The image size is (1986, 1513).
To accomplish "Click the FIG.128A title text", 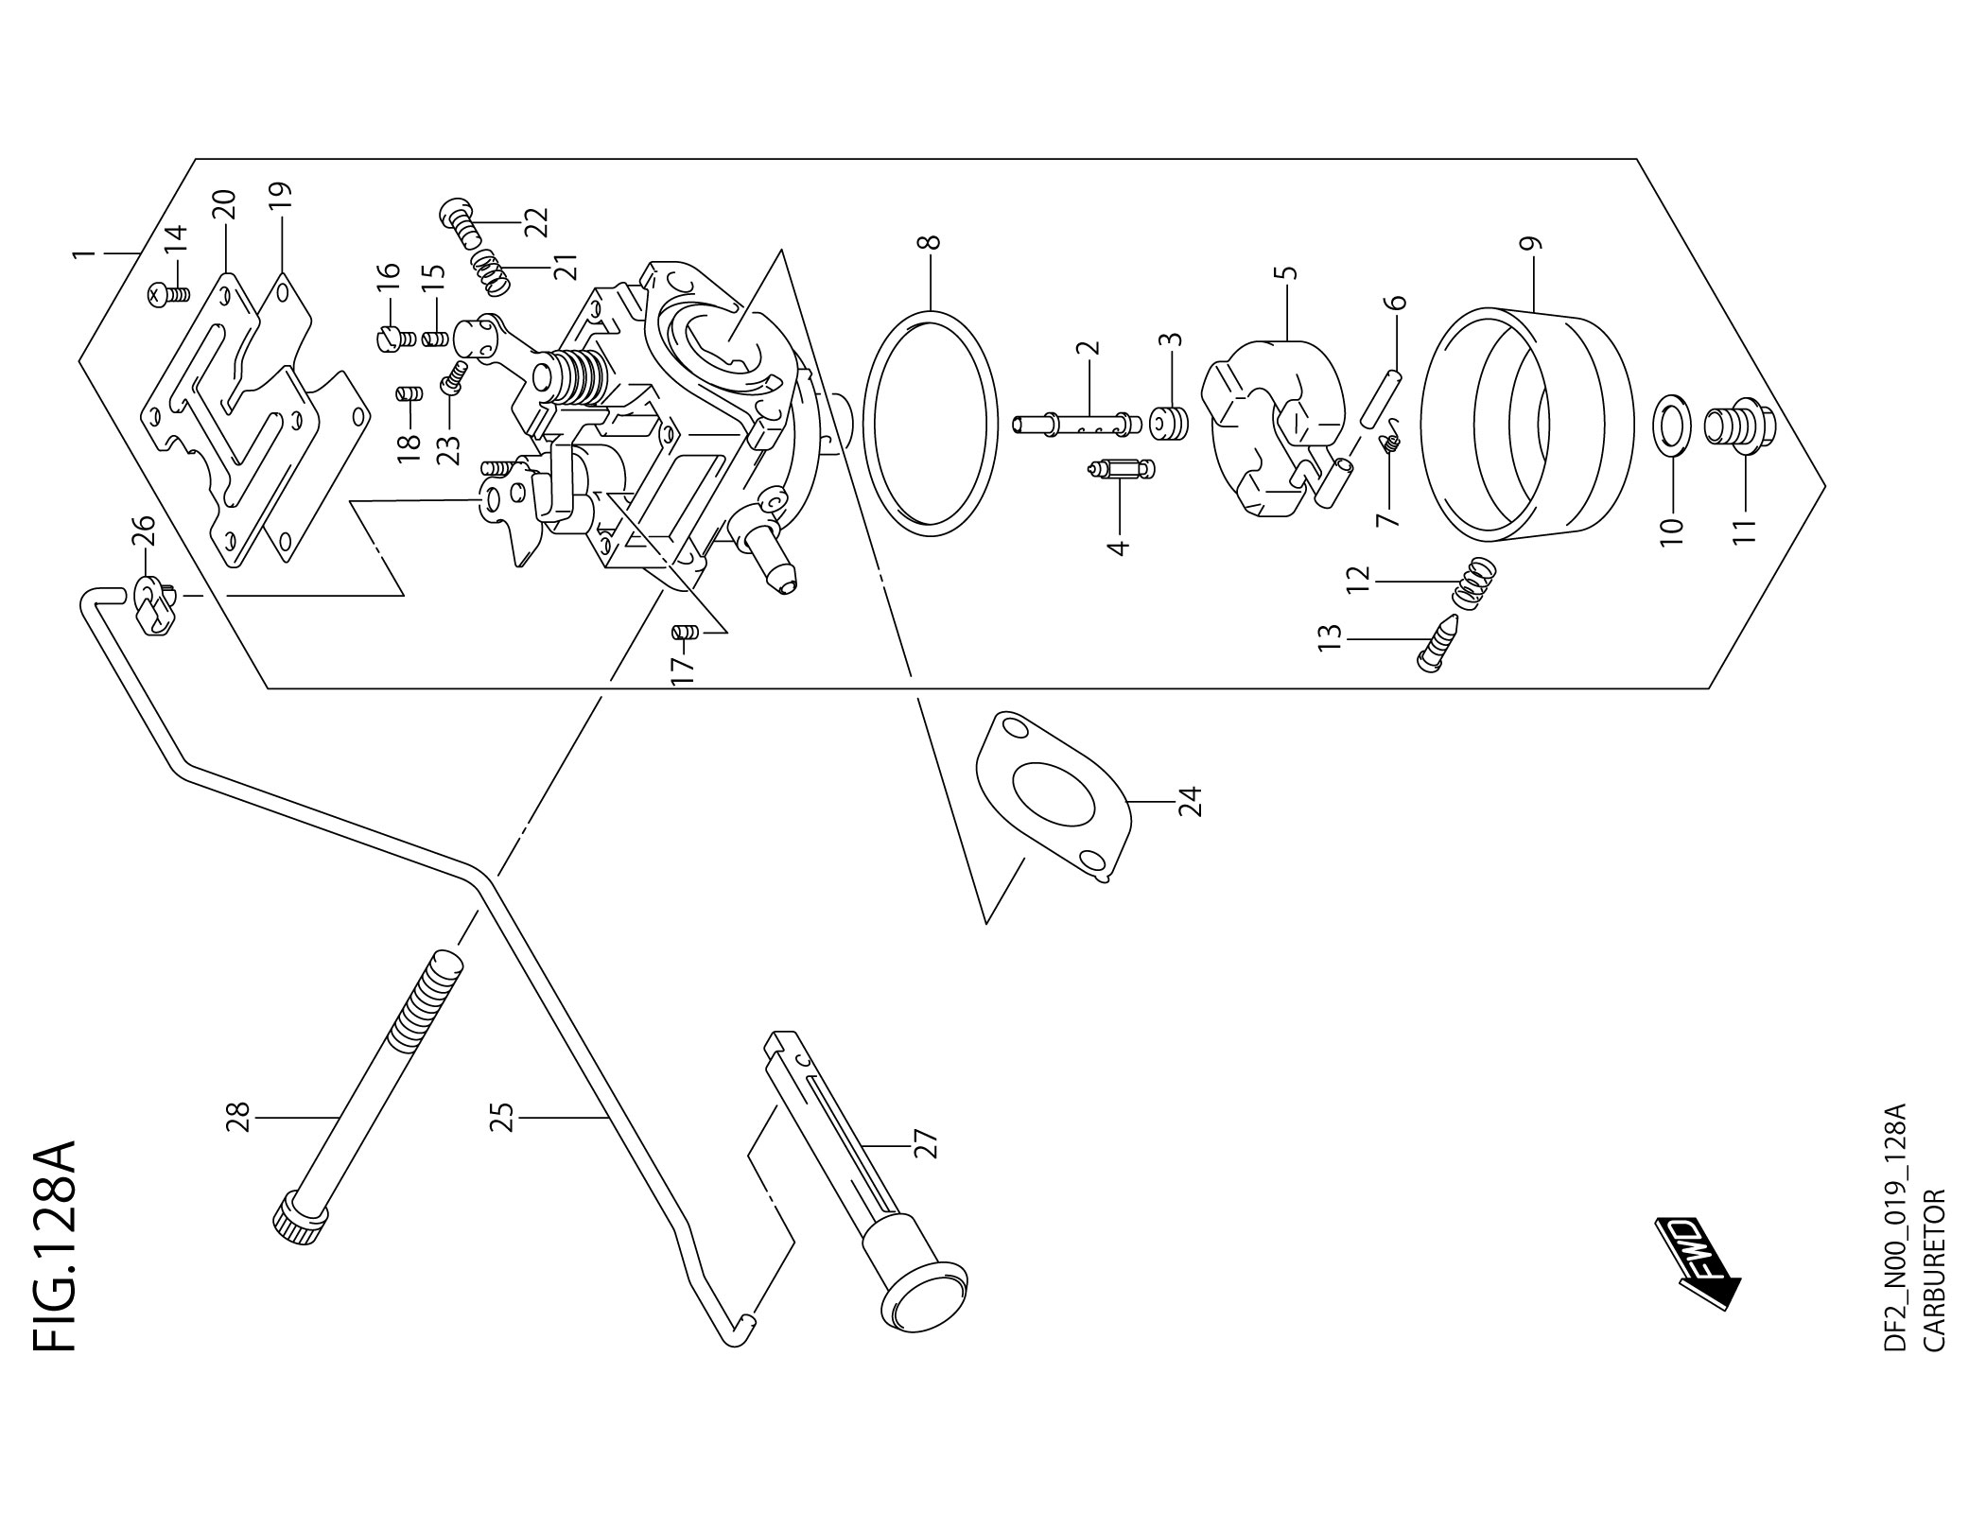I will (55, 1249).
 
